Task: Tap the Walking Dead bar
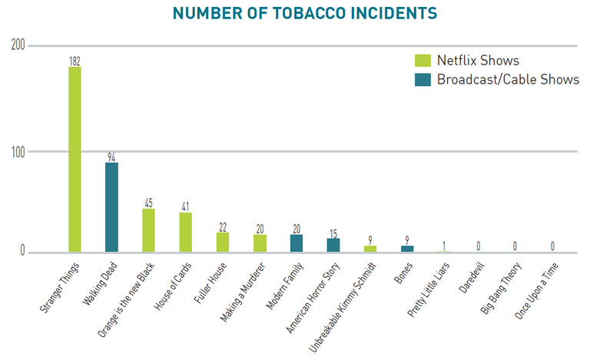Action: click(x=111, y=207)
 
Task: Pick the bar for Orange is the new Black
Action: click(x=148, y=230)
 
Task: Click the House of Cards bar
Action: click(x=185, y=233)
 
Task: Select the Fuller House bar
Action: click(x=223, y=242)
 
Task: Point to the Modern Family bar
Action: click(x=296, y=243)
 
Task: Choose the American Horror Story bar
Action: click(x=333, y=245)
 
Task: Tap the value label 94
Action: click(x=111, y=157)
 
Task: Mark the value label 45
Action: click(x=148, y=203)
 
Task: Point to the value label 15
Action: click(x=333, y=233)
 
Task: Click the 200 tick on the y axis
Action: click(x=17, y=46)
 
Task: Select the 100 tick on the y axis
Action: click(x=17, y=152)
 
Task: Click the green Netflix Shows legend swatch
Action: click(x=422, y=61)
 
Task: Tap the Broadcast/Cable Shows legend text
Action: click(x=508, y=81)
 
